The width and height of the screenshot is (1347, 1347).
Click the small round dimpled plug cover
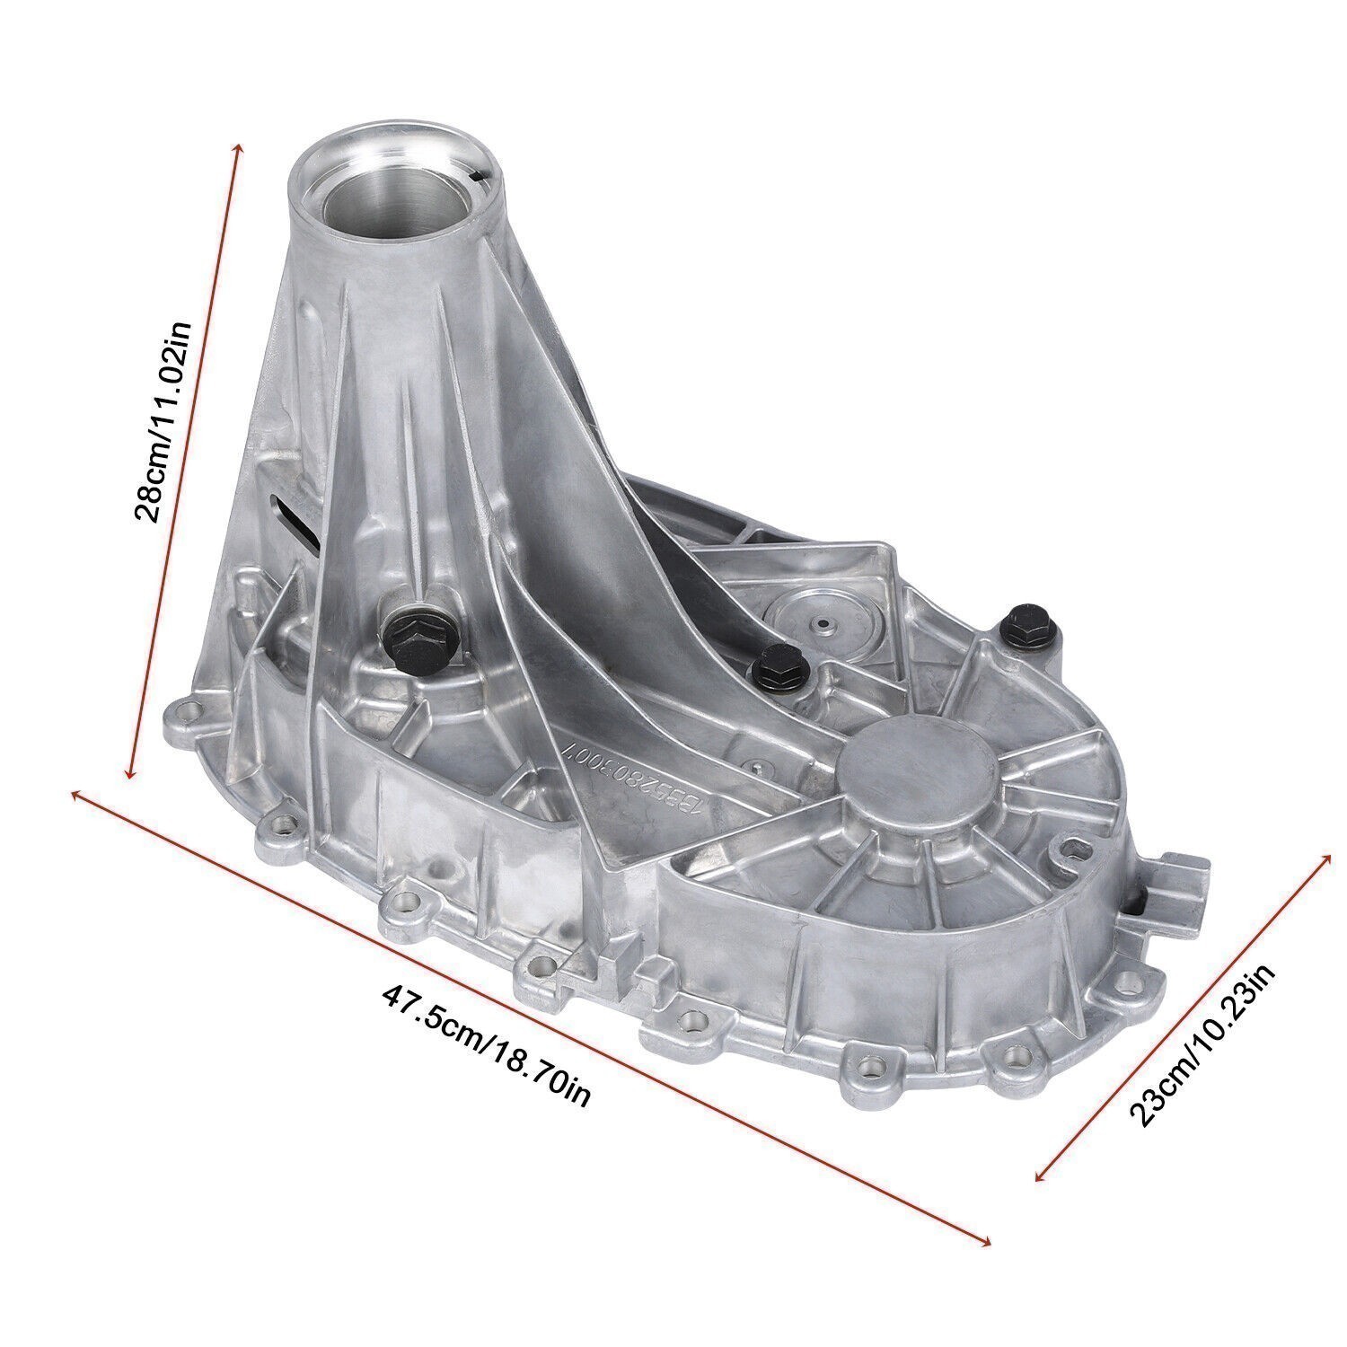pos(821,623)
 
